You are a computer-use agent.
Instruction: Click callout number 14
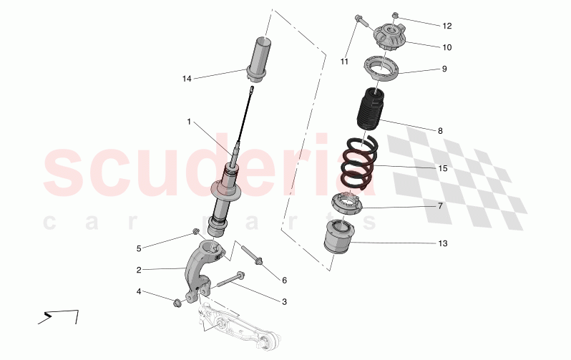pyautogui.click(x=187, y=79)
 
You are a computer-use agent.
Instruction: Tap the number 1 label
pyautogui.click(x=189, y=122)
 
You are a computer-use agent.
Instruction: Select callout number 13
pyautogui.click(x=442, y=243)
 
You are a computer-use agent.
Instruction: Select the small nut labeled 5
pyautogui.click(x=195, y=232)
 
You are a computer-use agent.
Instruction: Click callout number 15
pyautogui.click(x=442, y=169)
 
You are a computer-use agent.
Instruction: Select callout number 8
pyautogui.click(x=440, y=131)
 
